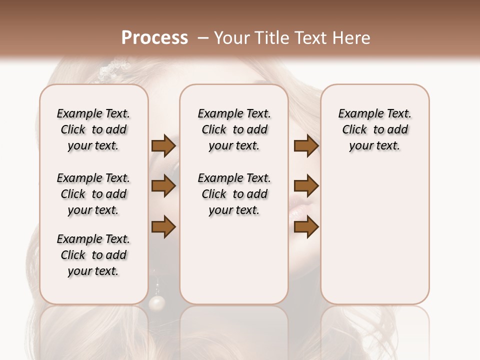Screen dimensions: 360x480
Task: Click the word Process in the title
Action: [154, 38]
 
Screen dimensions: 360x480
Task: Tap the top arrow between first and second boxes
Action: [163, 146]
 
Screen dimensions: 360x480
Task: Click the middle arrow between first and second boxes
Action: [163, 186]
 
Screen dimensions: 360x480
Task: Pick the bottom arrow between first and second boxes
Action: [163, 227]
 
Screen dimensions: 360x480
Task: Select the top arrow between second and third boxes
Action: [306, 146]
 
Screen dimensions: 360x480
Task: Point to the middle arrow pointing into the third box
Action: [306, 186]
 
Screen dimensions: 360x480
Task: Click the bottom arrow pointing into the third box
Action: [306, 227]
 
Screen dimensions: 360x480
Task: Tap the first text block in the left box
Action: [93, 129]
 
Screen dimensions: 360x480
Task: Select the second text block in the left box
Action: [93, 194]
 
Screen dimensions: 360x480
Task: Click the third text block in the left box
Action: [93, 255]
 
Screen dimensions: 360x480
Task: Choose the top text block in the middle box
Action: [234, 129]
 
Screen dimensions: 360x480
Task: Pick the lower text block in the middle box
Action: [234, 194]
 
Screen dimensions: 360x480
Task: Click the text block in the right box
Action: [374, 129]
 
